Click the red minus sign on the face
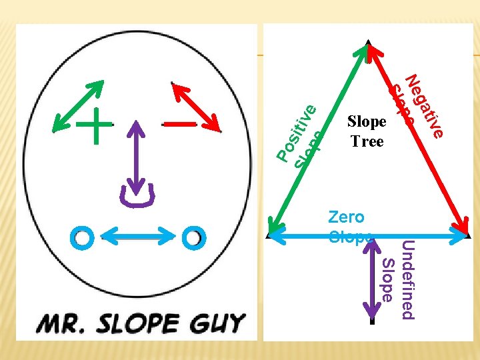179,124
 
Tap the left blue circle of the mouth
83,237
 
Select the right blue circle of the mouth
193,236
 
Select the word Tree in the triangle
367,141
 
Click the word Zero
346,217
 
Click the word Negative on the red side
424,107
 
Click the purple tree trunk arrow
371,283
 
